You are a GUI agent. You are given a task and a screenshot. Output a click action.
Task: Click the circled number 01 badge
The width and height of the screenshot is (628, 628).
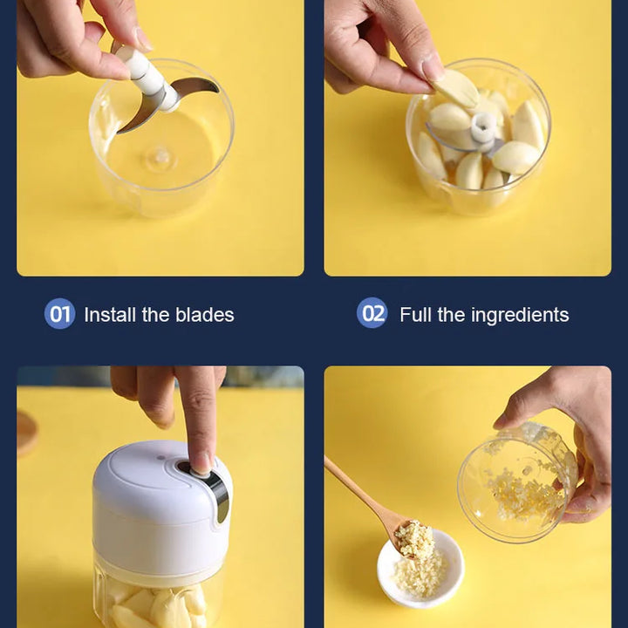click(x=59, y=314)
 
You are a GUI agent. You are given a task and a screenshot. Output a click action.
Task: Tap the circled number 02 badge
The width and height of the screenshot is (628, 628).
click(x=372, y=313)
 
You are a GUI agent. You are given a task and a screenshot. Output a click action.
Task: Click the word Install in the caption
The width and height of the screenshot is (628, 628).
click(x=109, y=315)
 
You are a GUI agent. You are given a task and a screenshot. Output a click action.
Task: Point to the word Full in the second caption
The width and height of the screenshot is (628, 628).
click(x=415, y=315)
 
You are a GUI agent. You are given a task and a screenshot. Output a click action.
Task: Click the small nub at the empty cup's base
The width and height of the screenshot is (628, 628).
click(x=161, y=156)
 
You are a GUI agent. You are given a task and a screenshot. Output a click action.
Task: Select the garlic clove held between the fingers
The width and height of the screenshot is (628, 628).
click(x=456, y=89)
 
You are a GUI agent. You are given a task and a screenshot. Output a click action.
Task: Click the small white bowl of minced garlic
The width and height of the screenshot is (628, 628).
click(x=420, y=569)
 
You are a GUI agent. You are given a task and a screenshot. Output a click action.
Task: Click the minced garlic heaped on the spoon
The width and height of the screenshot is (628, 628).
click(x=414, y=536)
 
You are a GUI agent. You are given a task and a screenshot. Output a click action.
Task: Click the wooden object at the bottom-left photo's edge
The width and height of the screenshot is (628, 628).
click(x=26, y=433)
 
